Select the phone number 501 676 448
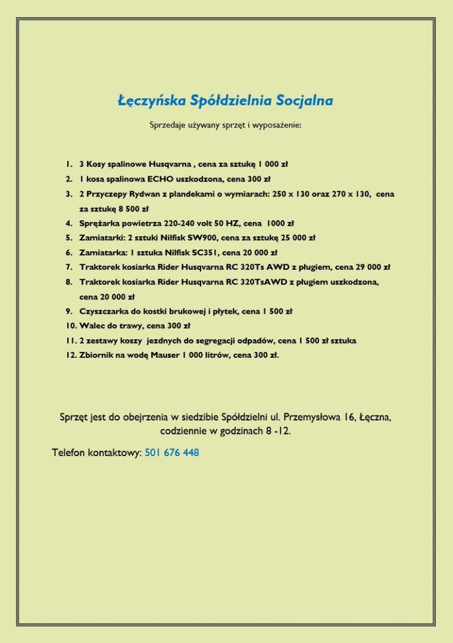pos(171,453)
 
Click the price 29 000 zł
pos(368,267)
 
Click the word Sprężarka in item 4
pos(99,223)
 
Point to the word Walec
pos(91,326)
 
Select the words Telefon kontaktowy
pos(96,453)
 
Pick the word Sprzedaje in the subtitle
pos(168,126)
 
